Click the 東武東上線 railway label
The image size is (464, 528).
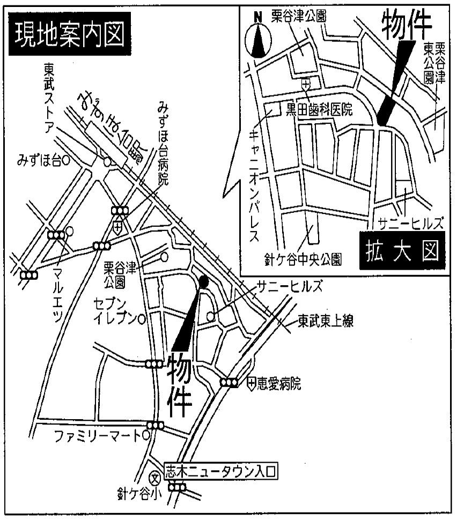(322, 323)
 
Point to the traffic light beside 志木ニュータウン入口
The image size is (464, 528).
(177, 487)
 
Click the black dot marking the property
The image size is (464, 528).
(203, 280)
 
